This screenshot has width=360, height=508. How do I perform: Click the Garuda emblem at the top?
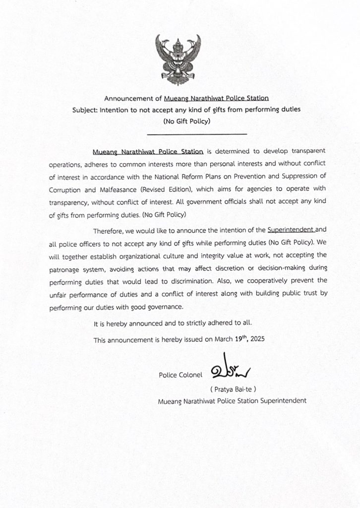coord(180,59)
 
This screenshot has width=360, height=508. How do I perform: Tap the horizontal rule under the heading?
coord(197,134)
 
